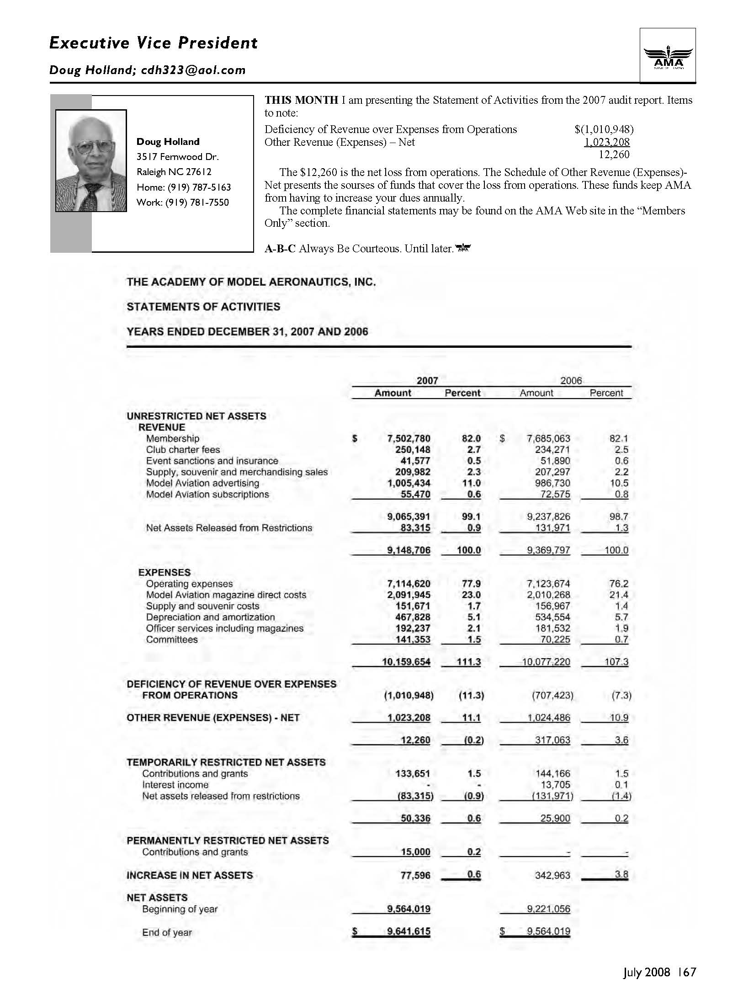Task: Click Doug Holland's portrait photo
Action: tap(91, 160)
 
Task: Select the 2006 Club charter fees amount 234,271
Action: tap(552, 449)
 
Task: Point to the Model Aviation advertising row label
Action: tap(202, 483)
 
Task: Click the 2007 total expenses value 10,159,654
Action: tap(406, 661)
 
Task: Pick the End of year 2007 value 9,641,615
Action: tap(409, 931)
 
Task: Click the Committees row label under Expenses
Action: tap(172, 639)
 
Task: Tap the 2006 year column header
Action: tap(571, 380)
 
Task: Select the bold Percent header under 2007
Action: tap(462, 393)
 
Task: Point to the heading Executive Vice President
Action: tap(154, 43)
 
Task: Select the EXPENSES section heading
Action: tap(165, 572)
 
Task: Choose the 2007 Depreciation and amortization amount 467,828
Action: tap(413, 617)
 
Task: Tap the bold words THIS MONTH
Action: tap(302, 100)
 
